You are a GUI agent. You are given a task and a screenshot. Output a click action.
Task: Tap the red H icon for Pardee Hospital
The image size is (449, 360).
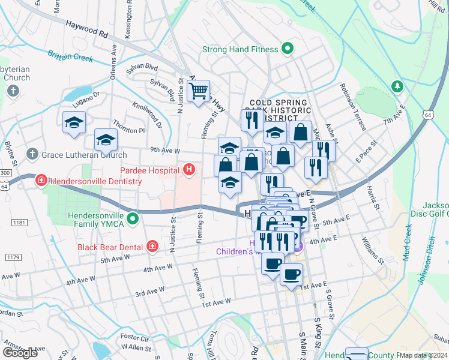[x=189, y=170]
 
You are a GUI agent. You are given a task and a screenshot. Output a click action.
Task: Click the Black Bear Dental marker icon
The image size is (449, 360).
[x=152, y=247]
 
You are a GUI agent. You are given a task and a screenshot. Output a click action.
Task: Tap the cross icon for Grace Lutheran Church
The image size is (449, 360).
[x=33, y=154]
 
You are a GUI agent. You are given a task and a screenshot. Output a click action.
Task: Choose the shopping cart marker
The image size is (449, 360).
[x=198, y=92]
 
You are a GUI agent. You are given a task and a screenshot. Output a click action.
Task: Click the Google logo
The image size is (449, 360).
[x=20, y=353]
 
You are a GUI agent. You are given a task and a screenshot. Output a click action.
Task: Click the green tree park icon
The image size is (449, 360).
[x=396, y=86]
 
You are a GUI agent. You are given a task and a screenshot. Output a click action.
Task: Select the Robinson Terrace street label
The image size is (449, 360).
[x=352, y=107]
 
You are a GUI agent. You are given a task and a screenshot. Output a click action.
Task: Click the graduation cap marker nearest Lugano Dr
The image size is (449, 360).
[x=74, y=122]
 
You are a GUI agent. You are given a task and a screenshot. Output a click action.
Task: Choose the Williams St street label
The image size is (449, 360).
[x=373, y=250]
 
